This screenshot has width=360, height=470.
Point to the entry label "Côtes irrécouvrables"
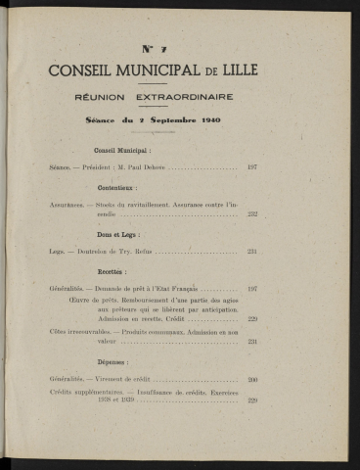[70, 330]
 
